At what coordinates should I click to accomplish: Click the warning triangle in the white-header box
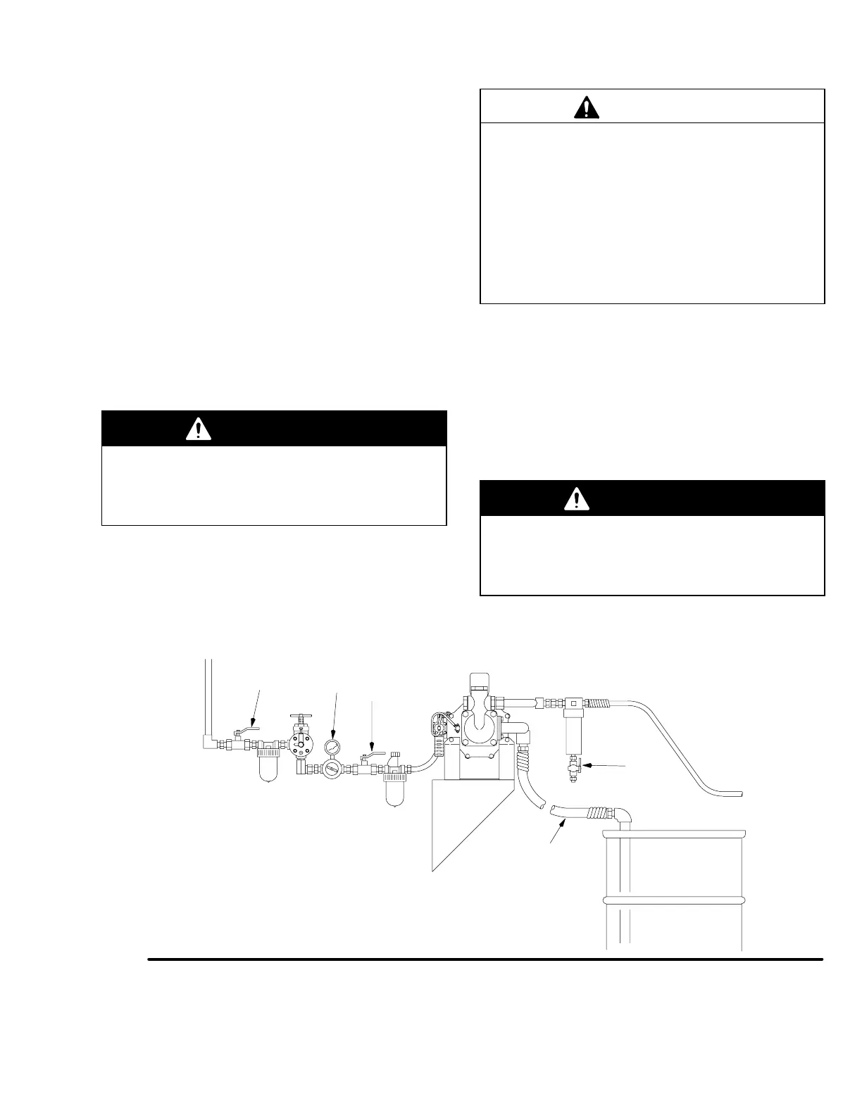[586, 106]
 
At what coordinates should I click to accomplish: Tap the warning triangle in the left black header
[199, 429]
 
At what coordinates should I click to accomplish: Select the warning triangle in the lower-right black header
[577, 498]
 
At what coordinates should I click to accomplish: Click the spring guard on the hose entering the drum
[597, 814]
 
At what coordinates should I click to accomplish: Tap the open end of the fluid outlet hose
[739, 793]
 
